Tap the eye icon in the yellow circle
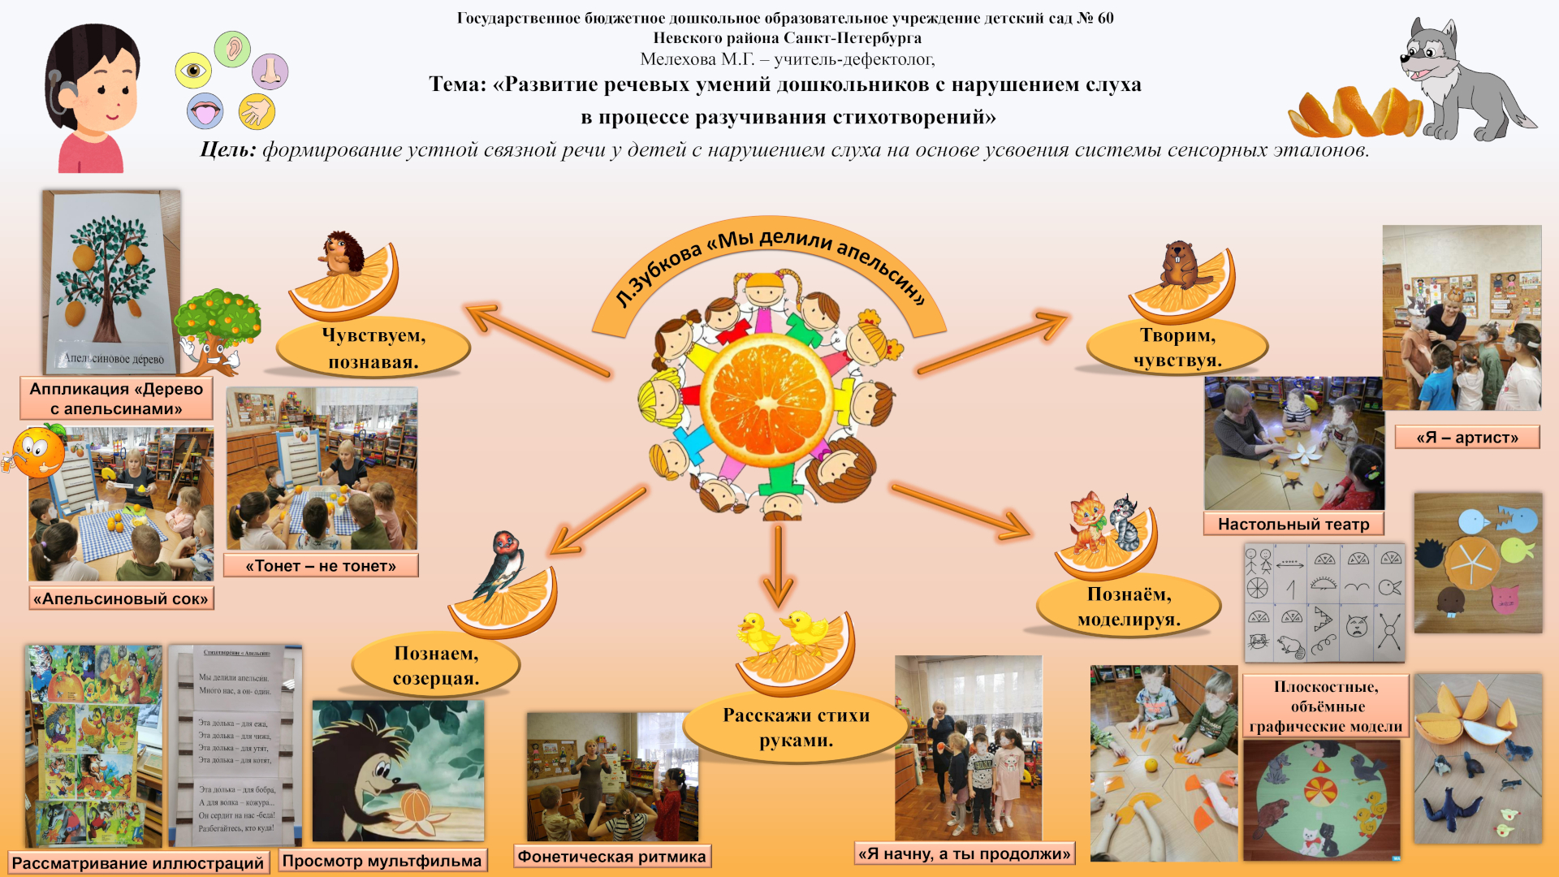(193, 71)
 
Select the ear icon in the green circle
(233, 49)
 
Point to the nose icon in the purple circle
(270, 71)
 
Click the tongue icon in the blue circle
(205, 111)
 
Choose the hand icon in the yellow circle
(257, 111)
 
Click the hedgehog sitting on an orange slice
(343, 254)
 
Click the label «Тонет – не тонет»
(321, 566)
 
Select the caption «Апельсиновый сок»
(121, 599)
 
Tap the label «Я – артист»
(1467, 438)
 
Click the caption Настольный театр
(1293, 525)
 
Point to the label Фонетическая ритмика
(612, 857)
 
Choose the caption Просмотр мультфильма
(382, 861)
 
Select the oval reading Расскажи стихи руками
(796, 728)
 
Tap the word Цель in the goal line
(227, 150)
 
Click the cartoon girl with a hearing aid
(91, 97)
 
